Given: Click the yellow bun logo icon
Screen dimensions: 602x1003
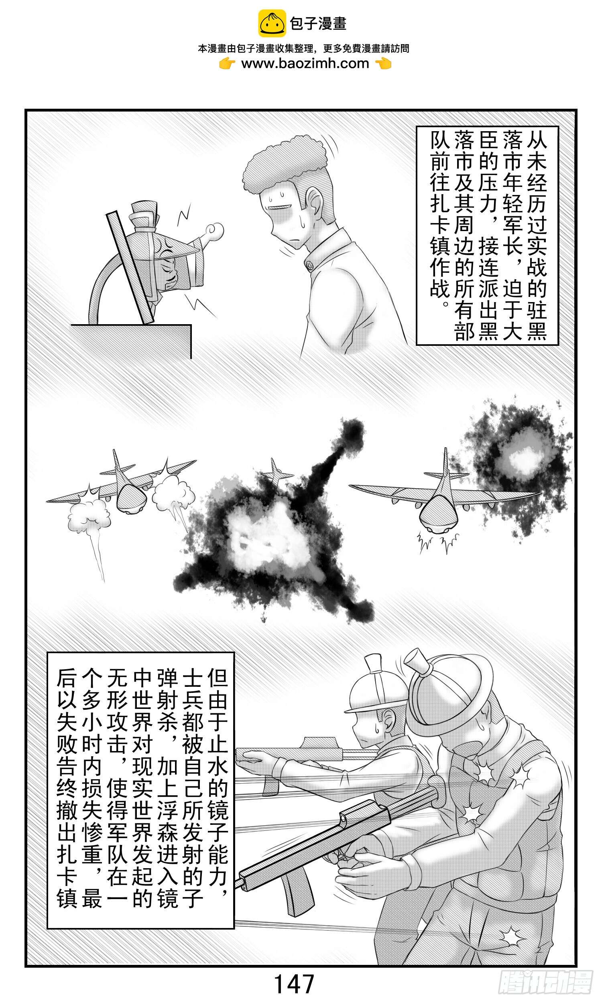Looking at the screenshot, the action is point(272,24).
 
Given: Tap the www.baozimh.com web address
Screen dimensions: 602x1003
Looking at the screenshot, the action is point(305,64).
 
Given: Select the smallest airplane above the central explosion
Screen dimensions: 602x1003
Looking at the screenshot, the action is point(275,473).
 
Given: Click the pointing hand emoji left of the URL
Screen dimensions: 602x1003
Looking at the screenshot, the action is point(227,64).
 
